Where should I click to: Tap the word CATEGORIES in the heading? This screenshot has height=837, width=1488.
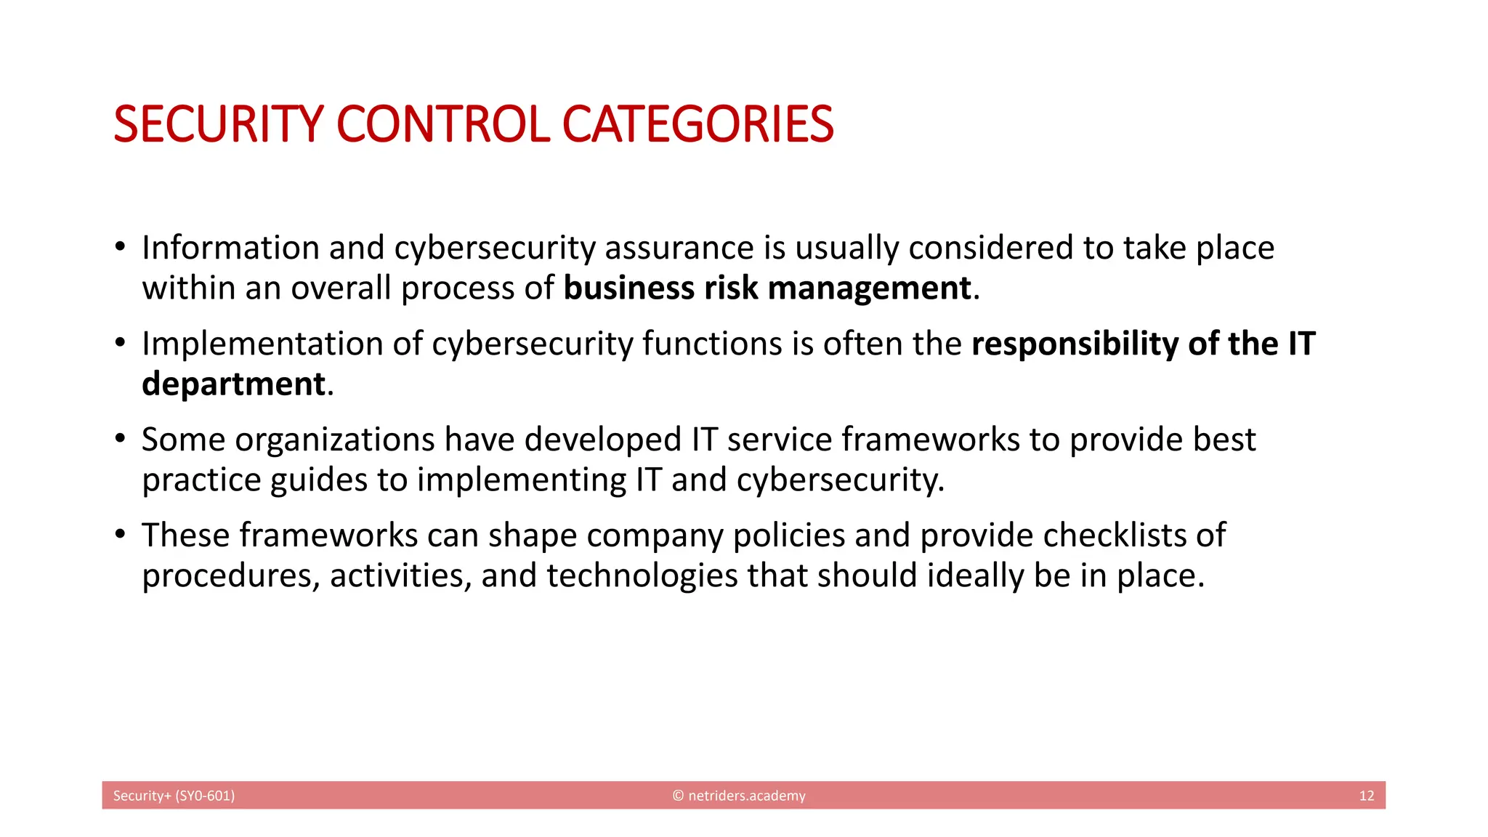click(697, 124)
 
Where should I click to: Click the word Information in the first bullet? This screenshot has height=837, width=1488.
click(230, 248)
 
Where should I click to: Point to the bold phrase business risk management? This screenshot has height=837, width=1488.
click(767, 288)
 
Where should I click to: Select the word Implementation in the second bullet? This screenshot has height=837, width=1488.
click(262, 344)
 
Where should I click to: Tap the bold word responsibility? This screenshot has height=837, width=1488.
click(1075, 344)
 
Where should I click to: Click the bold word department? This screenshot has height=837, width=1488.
click(233, 384)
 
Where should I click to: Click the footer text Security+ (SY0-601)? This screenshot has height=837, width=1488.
click(174, 796)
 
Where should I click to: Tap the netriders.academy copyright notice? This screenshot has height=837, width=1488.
click(739, 796)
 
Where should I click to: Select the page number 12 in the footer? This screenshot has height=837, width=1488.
click(1366, 796)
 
